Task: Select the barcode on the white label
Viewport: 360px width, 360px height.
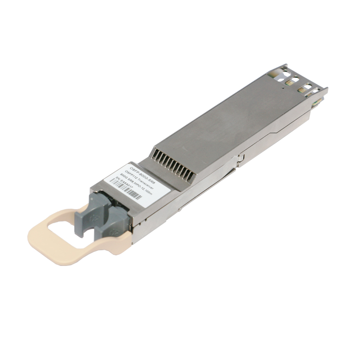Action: pos(143,193)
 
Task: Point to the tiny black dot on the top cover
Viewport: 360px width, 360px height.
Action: pos(282,89)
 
